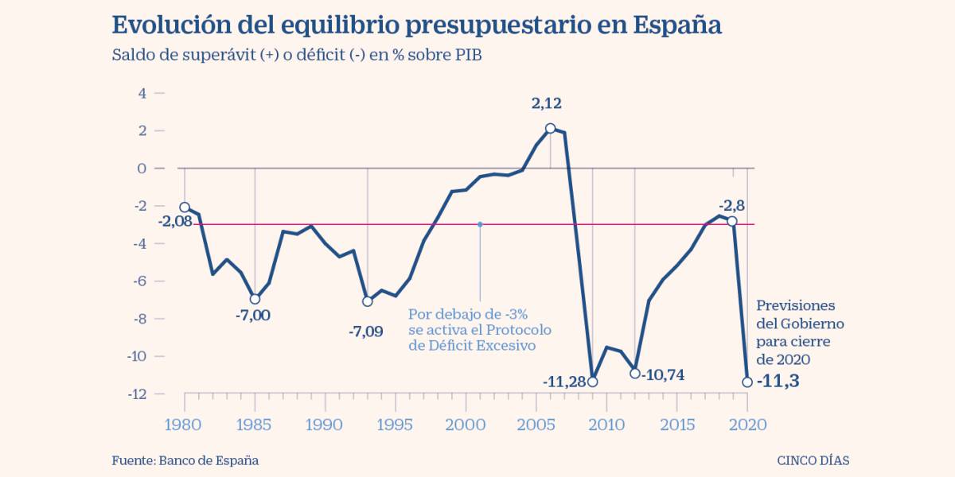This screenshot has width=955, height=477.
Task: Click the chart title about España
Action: click(416, 25)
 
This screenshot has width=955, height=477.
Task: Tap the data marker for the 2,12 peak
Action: click(551, 128)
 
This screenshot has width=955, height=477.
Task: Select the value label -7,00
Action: click(253, 316)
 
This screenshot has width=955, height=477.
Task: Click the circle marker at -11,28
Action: click(592, 382)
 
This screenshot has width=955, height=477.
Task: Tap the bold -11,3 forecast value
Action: click(778, 381)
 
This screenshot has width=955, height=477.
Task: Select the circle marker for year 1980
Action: click(185, 207)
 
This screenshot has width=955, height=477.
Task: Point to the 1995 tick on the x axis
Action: click(396, 425)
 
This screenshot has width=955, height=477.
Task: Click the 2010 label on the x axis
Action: click(606, 425)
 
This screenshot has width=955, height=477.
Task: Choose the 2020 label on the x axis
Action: click(747, 425)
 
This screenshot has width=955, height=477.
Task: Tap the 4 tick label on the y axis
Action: click(142, 93)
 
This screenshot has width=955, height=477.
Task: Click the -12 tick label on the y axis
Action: click(138, 394)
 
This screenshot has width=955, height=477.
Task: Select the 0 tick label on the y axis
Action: click(142, 169)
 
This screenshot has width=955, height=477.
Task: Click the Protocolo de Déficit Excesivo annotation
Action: click(479, 330)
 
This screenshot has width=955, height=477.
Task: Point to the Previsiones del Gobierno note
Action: click(799, 332)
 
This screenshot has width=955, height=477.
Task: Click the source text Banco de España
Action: click(185, 460)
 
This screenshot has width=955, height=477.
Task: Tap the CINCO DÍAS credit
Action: click(818, 460)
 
